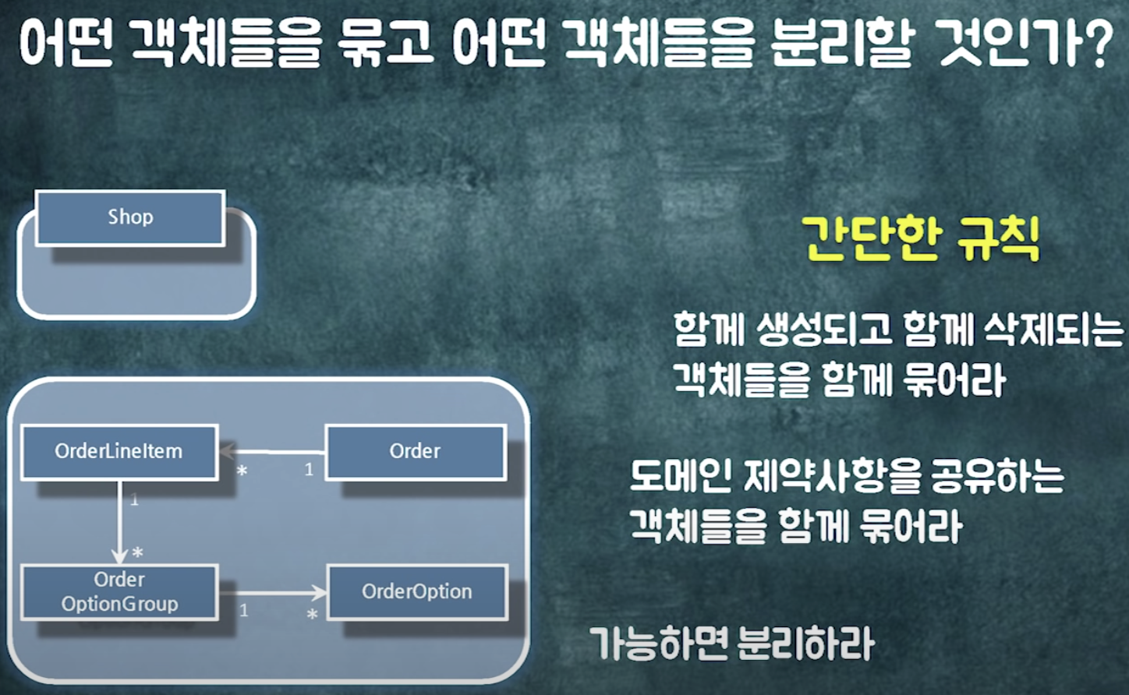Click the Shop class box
130,217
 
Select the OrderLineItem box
119,451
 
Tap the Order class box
415,451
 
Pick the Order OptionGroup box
119,592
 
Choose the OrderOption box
417,592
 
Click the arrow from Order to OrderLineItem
273,451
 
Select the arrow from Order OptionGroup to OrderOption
273,593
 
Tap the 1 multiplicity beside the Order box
309,470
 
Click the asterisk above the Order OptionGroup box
138,553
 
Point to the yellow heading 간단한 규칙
921,239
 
